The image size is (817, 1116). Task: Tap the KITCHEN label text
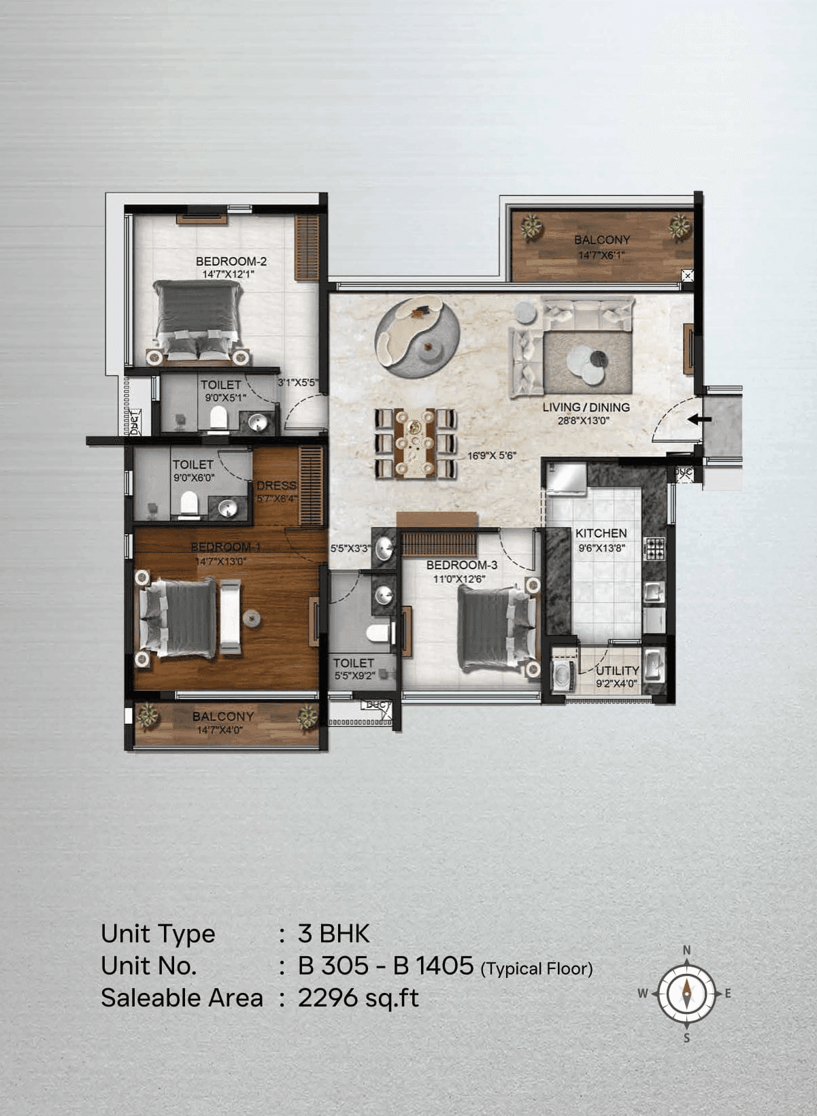point(601,533)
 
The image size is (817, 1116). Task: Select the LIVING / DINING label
point(586,407)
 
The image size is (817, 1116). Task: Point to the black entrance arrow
point(699,420)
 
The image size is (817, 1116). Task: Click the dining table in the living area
point(414,443)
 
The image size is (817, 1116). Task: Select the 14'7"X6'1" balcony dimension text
point(601,255)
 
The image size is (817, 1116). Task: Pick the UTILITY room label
point(617,671)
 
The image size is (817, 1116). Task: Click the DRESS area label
point(276,486)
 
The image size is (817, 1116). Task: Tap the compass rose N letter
point(686,950)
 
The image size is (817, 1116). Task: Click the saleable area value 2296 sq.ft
point(358,998)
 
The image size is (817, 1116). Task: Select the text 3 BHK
point(333,934)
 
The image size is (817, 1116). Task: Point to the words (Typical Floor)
point(536,968)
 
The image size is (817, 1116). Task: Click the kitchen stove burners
point(654,548)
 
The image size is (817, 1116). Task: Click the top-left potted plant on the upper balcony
point(531,227)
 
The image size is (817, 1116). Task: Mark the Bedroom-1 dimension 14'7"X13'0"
point(220,561)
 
